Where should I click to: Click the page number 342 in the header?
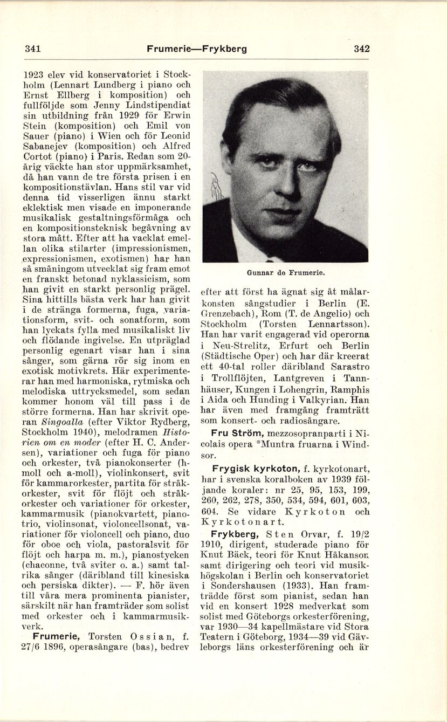(x=362, y=49)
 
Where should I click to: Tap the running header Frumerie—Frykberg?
(x=197, y=49)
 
